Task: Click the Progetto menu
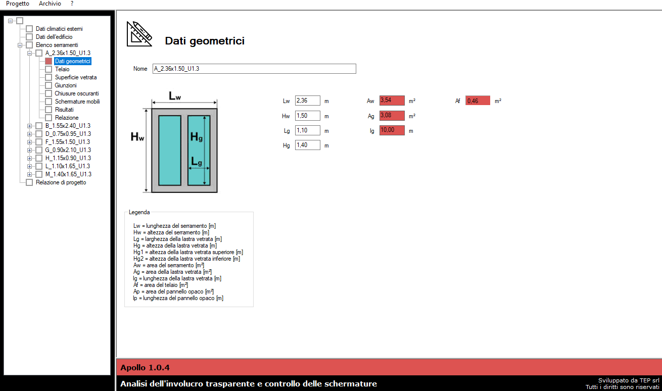pyautogui.click(x=18, y=4)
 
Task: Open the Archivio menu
pyautogui.click(x=50, y=4)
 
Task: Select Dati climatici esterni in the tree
pyautogui.click(x=59, y=29)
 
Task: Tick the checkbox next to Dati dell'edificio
pyautogui.click(x=29, y=37)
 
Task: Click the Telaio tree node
pyautogui.click(x=62, y=69)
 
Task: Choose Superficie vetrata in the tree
pyautogui.click(x=76, y=77)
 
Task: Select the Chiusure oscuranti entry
pyautogui.click(x=76, y=93)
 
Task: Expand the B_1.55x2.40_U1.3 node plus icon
pyautogui.click(x=29, y=126)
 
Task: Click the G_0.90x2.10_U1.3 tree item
pyautogui.click(x=68, y=150)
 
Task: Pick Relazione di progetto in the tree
pyautogui.click(x=61, y=182)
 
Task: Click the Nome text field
pyautogui.click(x=254, y=69)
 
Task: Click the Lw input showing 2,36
pyautogui.click(x=307, y=101)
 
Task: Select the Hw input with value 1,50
pyautogui.click(x=307, y=116)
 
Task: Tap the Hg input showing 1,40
pyautogui.click(x=307, y=145)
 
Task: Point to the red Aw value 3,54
pyautogui.click(x=392, y=101)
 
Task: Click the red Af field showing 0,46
pyautogui.click(x=478, y=101)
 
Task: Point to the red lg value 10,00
pyautogui.click(x=392, y=130)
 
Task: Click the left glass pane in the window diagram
pyautogui.click(x=170, y=151)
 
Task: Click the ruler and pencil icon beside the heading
pyautogui.click(x=139, y=34)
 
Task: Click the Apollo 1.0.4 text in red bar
pyautogui.click(x=145, y=367)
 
